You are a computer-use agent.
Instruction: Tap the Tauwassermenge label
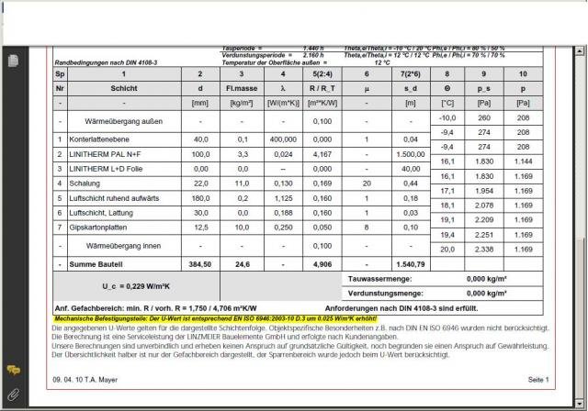380,278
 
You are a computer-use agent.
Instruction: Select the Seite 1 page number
537,379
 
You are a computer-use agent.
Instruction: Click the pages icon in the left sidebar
13,61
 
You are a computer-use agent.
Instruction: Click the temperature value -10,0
447,117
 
